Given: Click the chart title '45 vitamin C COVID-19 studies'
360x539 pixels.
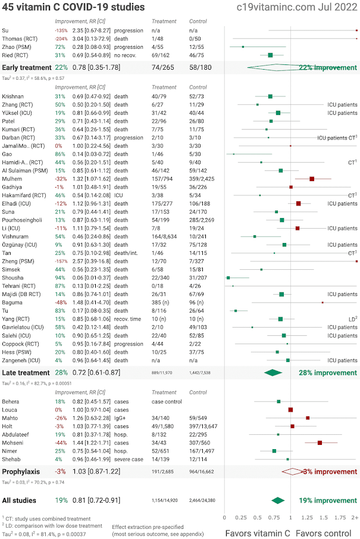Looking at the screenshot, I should (74, 8).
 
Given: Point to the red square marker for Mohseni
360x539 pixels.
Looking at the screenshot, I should (320, 443).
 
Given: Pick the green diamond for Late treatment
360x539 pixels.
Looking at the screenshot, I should (273, 372).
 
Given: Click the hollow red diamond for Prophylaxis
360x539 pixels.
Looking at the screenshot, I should (292, 471).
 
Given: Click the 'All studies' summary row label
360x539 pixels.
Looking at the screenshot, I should (19, 500).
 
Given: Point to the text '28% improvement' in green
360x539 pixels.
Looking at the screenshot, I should (327, 372).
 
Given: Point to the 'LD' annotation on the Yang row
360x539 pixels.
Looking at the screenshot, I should (352, 319).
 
